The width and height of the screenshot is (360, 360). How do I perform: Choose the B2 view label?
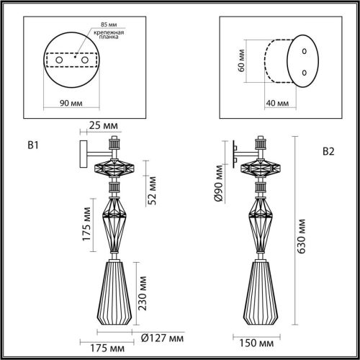(328, 151)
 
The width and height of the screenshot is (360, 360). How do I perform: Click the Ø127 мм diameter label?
(161, 337)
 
